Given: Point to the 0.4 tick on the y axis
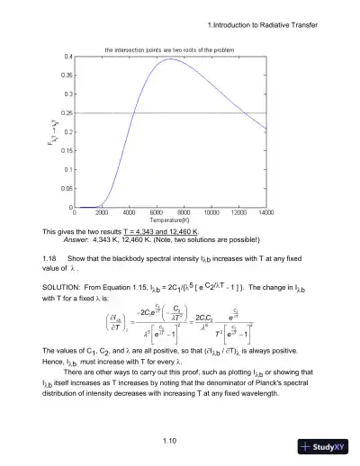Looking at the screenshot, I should click(68, 57).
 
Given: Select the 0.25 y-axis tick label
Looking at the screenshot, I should click(67, 113).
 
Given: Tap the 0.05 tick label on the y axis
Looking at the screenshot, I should click(67, 189).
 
